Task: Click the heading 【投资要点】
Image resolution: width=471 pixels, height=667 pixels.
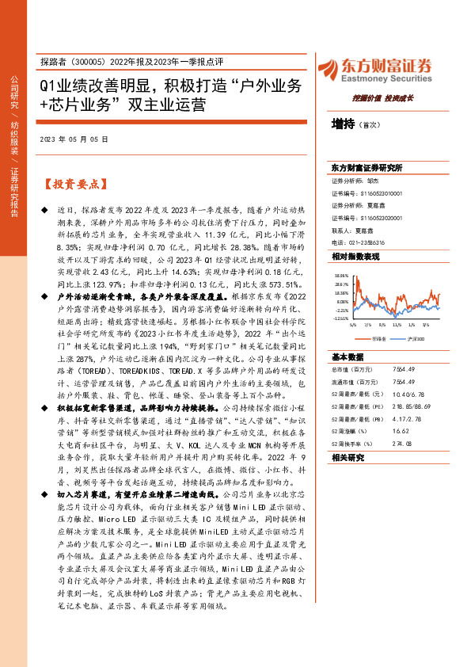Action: [x=73, y=185]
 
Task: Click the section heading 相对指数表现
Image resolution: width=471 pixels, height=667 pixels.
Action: [x=355, y=257]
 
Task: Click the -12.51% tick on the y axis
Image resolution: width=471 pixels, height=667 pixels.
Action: [x=340, y=318]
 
